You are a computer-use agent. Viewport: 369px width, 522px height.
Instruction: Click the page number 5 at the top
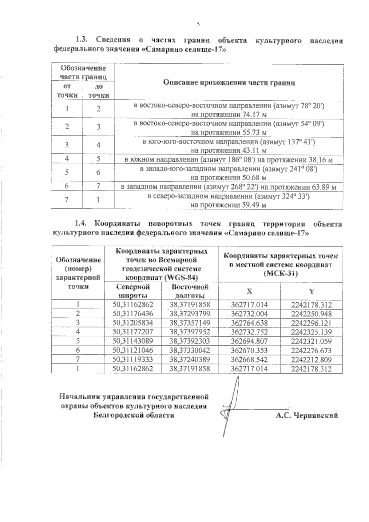pos(198,24)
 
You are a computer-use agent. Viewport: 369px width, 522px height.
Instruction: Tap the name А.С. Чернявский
pos(307,416)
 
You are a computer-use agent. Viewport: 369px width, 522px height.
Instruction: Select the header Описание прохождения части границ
pos(229,82)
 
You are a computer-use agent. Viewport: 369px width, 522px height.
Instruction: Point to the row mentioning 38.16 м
pos(228,160)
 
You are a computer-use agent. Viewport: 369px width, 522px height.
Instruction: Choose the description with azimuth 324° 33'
pos(228,200)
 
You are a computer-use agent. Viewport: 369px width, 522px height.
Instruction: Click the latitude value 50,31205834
pos(133,323)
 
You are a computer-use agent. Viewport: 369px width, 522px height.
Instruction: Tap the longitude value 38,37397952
pos(190,332)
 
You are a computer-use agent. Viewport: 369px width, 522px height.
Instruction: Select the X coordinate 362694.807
pos(249,341)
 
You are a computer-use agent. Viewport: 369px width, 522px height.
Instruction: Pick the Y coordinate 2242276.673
pos(311,350)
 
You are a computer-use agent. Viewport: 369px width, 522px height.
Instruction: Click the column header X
pos(249,291)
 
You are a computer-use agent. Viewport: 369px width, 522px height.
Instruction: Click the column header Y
pos(311,291)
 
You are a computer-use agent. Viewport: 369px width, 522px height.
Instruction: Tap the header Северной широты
pos(133,291)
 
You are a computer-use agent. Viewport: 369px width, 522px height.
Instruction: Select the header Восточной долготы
pos(190,291)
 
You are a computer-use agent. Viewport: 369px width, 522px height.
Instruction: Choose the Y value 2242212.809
pos(311,359)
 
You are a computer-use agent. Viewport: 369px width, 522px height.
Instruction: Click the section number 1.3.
pos(82,40)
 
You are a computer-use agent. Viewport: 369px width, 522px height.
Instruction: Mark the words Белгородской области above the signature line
pos(133,415)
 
